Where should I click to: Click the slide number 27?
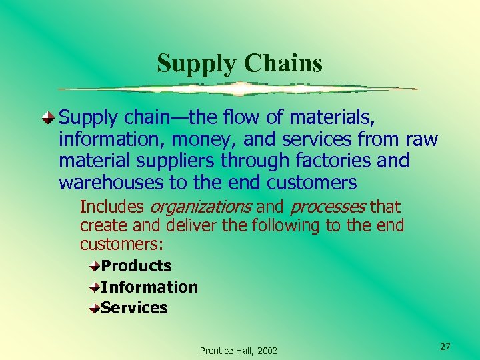tap(445, 347)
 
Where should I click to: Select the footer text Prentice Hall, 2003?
tap(239, 351)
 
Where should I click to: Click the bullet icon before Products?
tap(96, 266)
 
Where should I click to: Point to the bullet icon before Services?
tap(96, 308)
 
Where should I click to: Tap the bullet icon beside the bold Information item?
tap(96, 287)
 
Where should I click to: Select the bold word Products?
tap(136, 266)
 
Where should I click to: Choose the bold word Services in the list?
tap(134, 308)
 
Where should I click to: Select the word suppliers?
tap(179, 161)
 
